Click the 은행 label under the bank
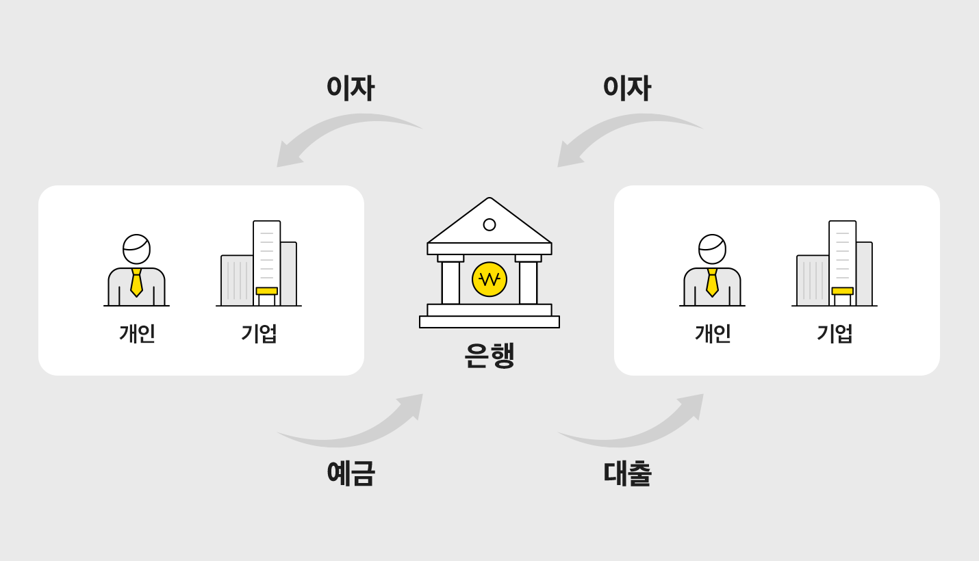click(x=489, y=355)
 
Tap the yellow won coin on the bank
click(x=489, y=279)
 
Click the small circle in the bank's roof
click(x=489, y=224)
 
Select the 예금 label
click(x=351, y=473)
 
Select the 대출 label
click(x=628, y=473)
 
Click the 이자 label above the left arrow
click(x=350, y=88)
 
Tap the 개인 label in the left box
click(x=137, y=333)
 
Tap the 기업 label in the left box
click(x=259, y=333)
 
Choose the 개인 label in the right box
click(x=713, y=333)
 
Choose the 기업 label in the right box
click(x=835, y=333)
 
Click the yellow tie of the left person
click(x=136, y=283)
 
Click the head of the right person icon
click(x=713, y=249)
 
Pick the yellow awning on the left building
click(x=266, y=291)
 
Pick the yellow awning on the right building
click(x=842, y=291)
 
